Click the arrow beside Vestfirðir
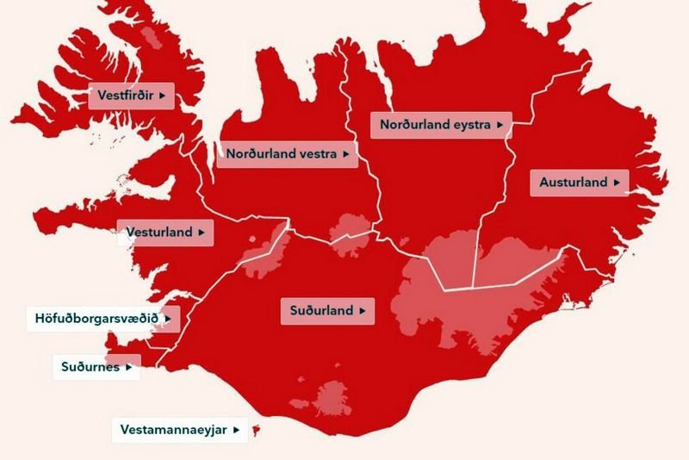[x=161, y=95]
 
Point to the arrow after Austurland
[x=616, y=183]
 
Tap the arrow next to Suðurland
[x=362, y=311]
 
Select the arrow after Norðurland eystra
[x=500, y=125]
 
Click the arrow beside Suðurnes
[x=128, y=367]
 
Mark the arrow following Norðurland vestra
[x=345, y=154]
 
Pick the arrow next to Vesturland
[x=201, y=233]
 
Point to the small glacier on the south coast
[x=332, y=399]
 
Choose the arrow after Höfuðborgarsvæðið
[x=168, y=319]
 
